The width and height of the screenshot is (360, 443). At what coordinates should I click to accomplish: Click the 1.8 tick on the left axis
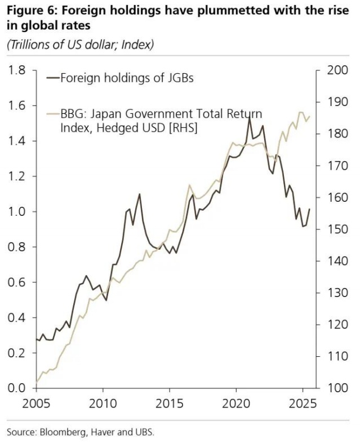[x=17, y=70]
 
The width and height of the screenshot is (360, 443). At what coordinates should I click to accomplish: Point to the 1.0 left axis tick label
[x=17, y=212]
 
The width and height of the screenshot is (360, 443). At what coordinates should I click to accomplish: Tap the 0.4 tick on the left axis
[x=17, y=318]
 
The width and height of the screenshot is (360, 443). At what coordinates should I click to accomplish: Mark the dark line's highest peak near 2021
[x=249, y=118]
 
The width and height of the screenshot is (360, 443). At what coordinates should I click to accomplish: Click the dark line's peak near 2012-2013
[x=139, y=194]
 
